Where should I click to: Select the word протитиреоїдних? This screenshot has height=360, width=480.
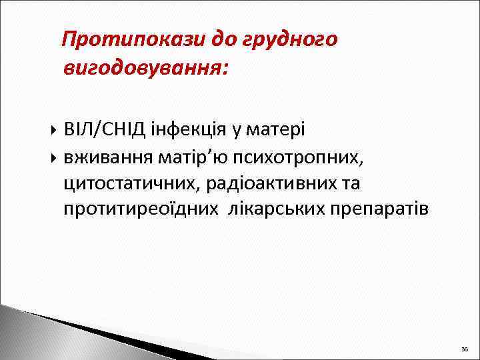click(x=141, y=209)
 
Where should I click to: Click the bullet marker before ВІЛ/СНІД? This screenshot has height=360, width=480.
click(x=53, y=128)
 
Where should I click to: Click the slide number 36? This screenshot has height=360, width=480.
click(x=464, y=349)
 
